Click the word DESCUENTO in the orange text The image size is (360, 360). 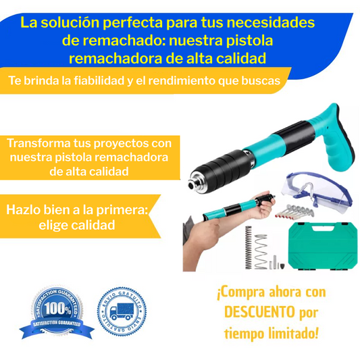260,313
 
